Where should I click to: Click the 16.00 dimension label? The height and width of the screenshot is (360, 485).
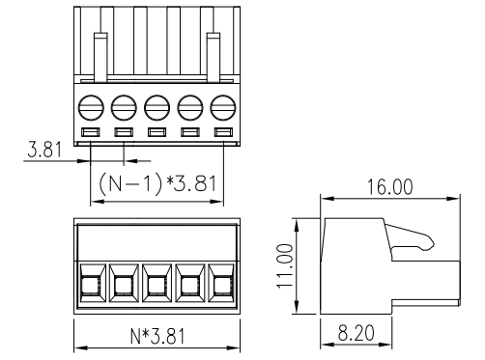tap(389, 187)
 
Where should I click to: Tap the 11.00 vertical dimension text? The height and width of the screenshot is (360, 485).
tap(285, 265)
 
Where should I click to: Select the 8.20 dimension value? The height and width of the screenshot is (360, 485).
tap(357, 333)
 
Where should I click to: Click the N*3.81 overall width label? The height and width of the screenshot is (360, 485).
tap(157, 336)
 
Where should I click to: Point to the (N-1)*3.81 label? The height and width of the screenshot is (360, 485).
tap(157, 183)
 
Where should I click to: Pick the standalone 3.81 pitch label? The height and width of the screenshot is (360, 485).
tap(44, 150)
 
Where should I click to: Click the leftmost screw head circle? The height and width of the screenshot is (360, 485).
tap(91, 107)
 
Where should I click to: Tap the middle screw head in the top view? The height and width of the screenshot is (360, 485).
tap(157, 107)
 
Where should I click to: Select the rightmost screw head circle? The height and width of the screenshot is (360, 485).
tap(223, 107)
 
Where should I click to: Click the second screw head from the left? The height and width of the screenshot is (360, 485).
tap(124, 107)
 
